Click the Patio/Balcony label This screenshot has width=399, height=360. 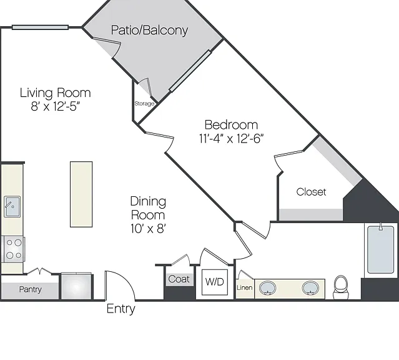(x=149, y=30)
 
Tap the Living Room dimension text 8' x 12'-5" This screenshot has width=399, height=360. (x=55, y=106)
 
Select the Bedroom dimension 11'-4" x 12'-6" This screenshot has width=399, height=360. (x=231, y=139)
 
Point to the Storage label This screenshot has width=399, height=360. (x=144, y=104)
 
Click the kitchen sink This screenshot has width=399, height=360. (x=12, y=207)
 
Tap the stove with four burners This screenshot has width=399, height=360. (x=14, y=249)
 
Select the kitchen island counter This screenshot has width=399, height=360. (x=81, y=194)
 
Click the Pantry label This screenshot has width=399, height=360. (x=30, y=289)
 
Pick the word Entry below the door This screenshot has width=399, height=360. (x=121, y=309)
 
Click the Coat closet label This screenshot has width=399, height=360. (x=179, y=279)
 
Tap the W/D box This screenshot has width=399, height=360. (x=215, y=282)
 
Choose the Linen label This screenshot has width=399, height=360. (x=245, y=287)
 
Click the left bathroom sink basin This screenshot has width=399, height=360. (x=267, y=288)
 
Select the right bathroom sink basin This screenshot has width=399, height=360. (x=310, y=288)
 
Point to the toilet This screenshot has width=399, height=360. (x=340, y=287)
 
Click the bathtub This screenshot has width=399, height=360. (x=381, y=250)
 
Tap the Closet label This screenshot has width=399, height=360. (x=311, y=192)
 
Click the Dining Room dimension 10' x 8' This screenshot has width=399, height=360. (x=149, y=229)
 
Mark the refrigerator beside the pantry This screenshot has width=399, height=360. (x=77, y=286)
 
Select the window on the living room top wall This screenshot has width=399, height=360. (x=40, y=27)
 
